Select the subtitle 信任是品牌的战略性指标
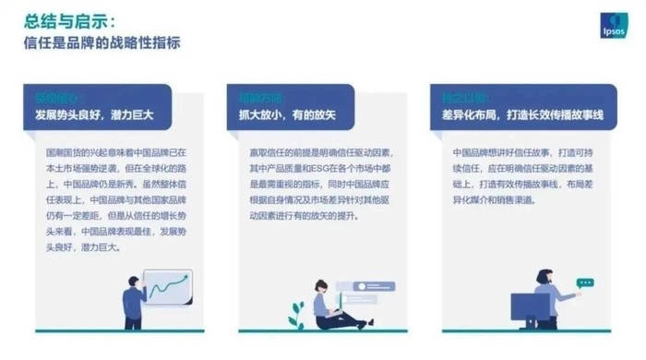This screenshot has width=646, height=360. (x=102, y=42)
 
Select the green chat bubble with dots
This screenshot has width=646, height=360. (x=583, y=283)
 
